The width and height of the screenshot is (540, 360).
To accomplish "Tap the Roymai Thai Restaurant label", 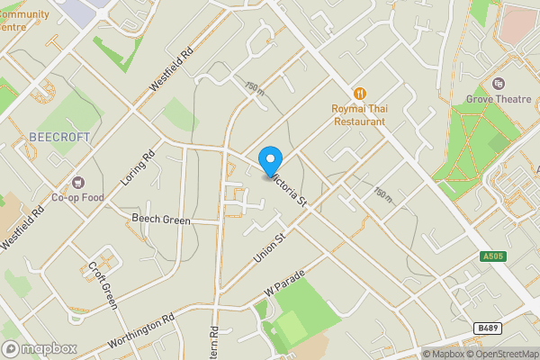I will (x=359, y=113).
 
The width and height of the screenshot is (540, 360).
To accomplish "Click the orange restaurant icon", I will (x=360, y=93).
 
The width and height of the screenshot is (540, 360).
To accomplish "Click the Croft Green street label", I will (x=103, y=284).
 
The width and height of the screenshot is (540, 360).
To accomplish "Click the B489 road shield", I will (x=487, y=328).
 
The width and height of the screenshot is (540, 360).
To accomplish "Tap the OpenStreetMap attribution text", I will (x=501, y=354).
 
